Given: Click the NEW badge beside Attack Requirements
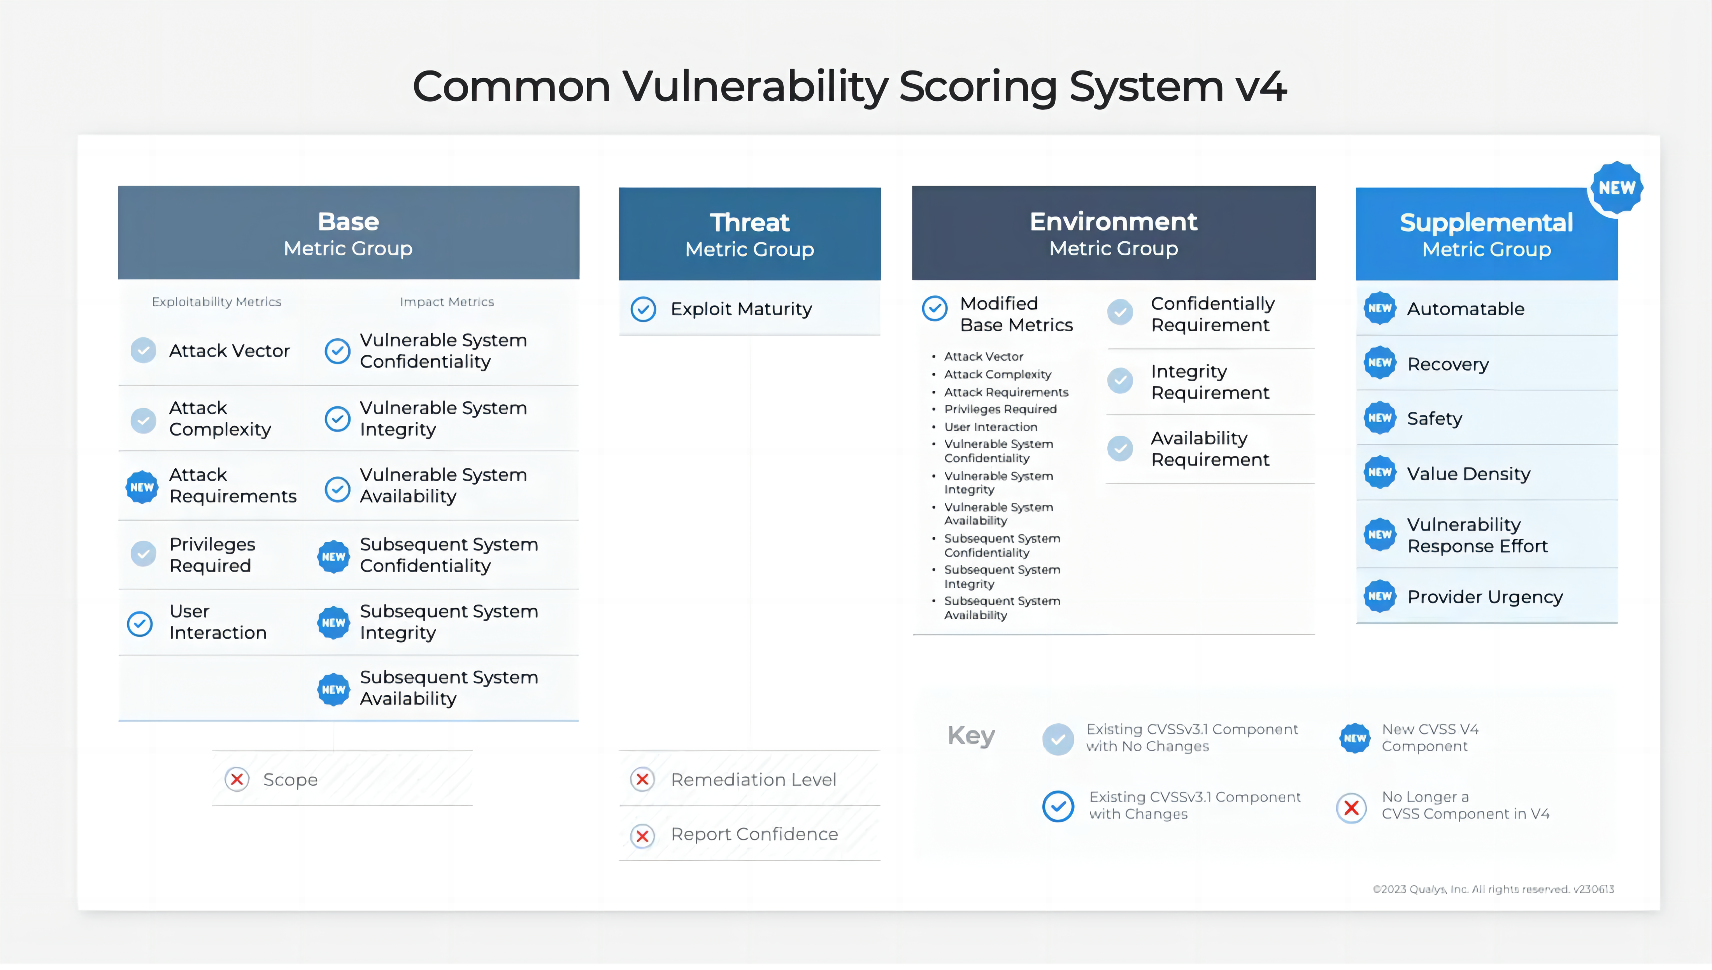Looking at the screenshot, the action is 142,487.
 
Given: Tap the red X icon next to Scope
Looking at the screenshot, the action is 237,779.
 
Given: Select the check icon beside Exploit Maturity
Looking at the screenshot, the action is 643,309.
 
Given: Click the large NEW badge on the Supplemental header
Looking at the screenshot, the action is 1616,188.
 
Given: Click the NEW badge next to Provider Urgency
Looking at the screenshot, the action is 1380,596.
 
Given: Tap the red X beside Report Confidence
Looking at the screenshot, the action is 642,835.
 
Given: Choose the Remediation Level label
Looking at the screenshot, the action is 753,779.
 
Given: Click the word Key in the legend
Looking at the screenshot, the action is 971,736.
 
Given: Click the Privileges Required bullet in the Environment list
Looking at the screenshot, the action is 1000,409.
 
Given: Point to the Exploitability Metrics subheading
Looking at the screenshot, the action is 216,302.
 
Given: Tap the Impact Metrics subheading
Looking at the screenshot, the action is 447,302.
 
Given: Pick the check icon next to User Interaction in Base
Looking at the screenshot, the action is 140,624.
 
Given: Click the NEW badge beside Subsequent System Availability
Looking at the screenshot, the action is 333,689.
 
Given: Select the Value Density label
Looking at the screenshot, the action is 1468,474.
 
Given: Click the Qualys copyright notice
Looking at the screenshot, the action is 1493,889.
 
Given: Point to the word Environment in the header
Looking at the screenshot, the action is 1113,222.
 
